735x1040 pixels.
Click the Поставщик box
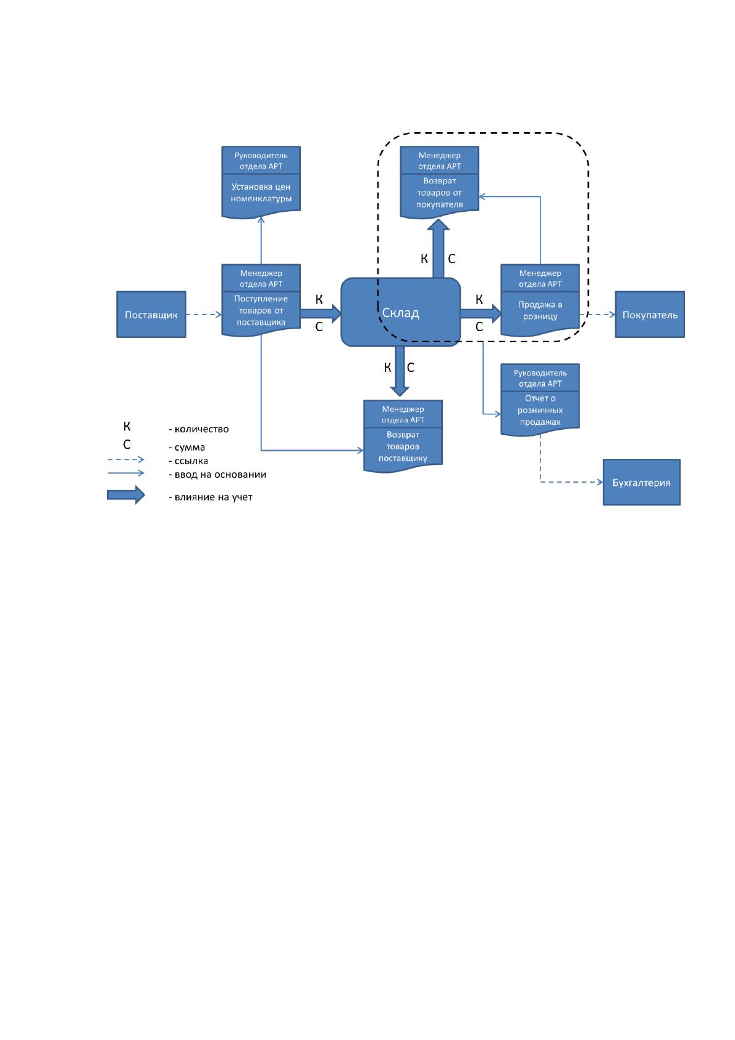151,314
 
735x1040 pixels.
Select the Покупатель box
649,314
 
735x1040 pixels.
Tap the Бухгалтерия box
641,482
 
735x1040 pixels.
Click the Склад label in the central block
400,312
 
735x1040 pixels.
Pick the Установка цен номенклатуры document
261,182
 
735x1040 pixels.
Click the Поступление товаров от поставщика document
261,300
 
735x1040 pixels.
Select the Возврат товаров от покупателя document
439,182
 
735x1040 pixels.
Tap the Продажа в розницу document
540,300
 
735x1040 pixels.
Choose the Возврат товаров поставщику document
403,436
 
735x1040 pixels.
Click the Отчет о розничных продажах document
540,400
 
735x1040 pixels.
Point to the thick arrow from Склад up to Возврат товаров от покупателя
438,248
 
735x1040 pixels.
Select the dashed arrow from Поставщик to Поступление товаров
204,314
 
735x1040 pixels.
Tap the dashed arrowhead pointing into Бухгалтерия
600,482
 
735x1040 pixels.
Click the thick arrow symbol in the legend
126,495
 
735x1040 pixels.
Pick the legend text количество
201,429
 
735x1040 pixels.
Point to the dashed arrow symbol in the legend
126,459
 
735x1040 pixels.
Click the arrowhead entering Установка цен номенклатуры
261,220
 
